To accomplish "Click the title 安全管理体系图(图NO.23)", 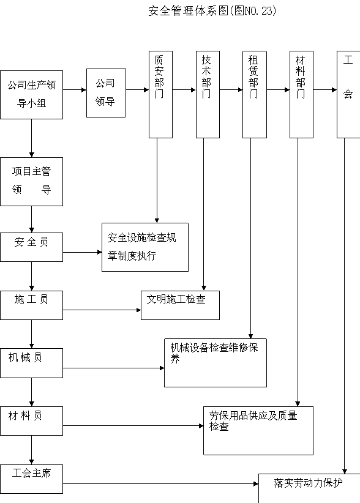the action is click(212, 11).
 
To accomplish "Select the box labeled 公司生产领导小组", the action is click(31, 95).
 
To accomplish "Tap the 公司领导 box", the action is click(106, 93).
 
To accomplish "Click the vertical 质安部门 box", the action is click(161, 95).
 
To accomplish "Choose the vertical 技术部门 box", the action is click(208, 95).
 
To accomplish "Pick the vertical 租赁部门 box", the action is click(255, 95).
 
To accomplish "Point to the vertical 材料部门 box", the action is click(302, 95).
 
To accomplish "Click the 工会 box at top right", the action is click(348, 95).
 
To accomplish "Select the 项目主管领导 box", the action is click(31, 182).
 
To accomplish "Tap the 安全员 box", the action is click(31, 247).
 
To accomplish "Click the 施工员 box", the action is click(31, 305).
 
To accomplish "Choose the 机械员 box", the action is click(31, 363).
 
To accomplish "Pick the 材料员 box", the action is click(31, 421).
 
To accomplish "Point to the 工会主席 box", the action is click(31, 479).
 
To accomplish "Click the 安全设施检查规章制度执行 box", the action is click(145, 247).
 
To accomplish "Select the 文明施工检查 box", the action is click(181, 305).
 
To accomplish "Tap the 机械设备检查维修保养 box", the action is click(216, 363).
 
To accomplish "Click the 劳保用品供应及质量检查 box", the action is click(258, 431).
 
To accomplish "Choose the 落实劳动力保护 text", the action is click(308, 483).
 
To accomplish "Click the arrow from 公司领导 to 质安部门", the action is click(137, 90).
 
